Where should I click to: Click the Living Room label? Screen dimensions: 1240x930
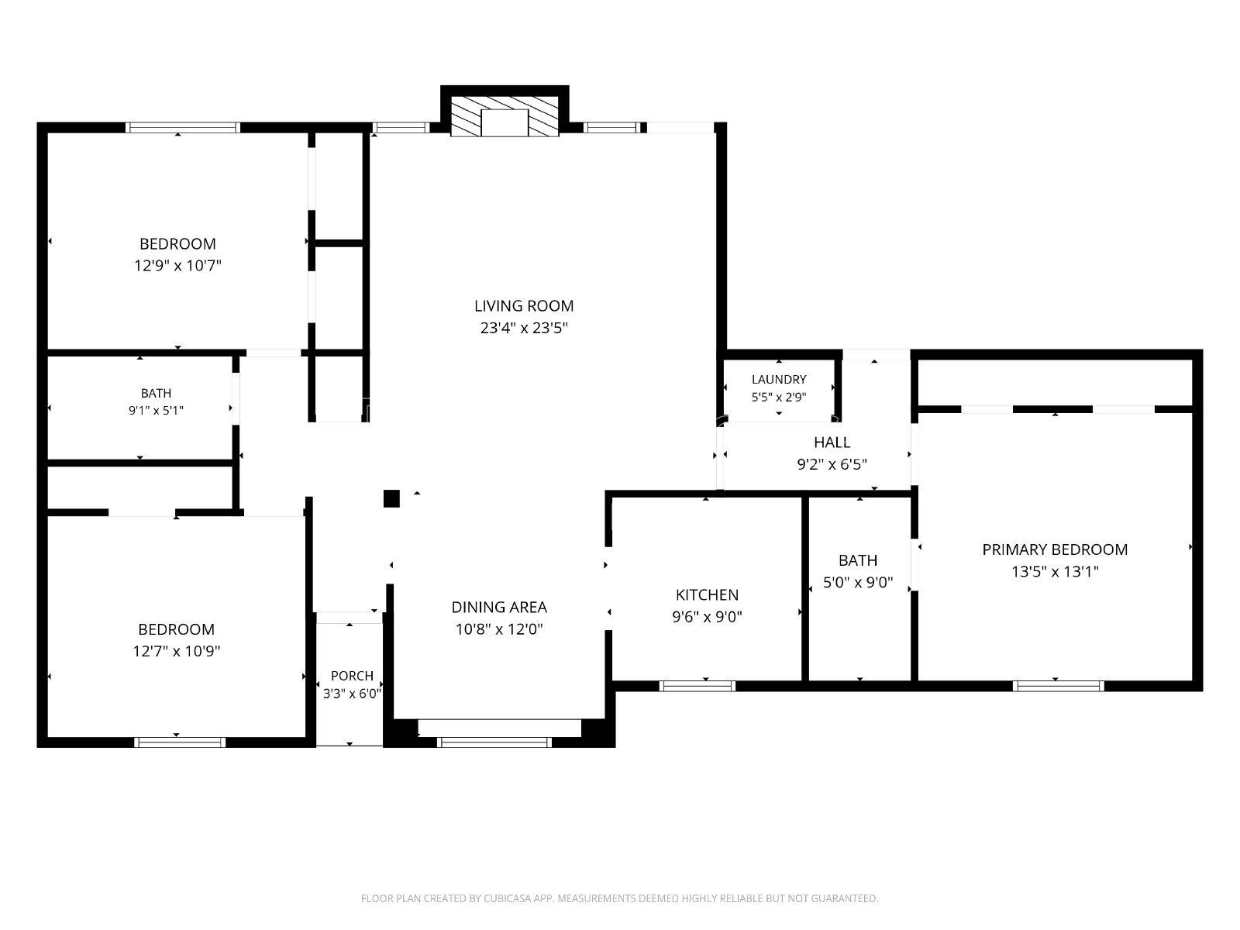pos(524,306)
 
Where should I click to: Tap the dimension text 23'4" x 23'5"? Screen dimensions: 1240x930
pos(524,328)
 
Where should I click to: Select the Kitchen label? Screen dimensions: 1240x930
pos(707,594)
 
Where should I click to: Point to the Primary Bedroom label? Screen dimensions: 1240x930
pos(1055,549)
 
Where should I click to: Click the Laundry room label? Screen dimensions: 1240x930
pos(778,380)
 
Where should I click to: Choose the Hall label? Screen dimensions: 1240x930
pos(832,442)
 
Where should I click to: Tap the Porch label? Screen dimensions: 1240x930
pos(352,676)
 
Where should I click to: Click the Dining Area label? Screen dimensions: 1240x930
pos(499,607)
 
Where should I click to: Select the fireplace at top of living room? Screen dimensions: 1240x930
pos(505,115)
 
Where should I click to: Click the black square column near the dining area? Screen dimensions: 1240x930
pos(391,498)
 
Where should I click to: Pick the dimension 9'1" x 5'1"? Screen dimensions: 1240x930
pos(156,411)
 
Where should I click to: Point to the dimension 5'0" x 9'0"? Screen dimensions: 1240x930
pos(858,582)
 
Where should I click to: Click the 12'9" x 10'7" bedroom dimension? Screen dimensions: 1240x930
pos(177,265)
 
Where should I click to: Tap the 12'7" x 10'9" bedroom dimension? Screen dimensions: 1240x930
pos(176,651)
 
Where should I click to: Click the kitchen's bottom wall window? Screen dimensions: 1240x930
pos(697,686)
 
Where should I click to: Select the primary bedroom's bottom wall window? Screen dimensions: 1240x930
pos(1058,686)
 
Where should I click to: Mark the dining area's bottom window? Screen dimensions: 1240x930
pos(494,742)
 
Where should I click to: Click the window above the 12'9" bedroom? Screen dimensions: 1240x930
pos(182,128)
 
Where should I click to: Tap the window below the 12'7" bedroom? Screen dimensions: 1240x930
pos(180,742)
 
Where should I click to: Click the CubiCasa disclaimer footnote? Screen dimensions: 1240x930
pos(620,897)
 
